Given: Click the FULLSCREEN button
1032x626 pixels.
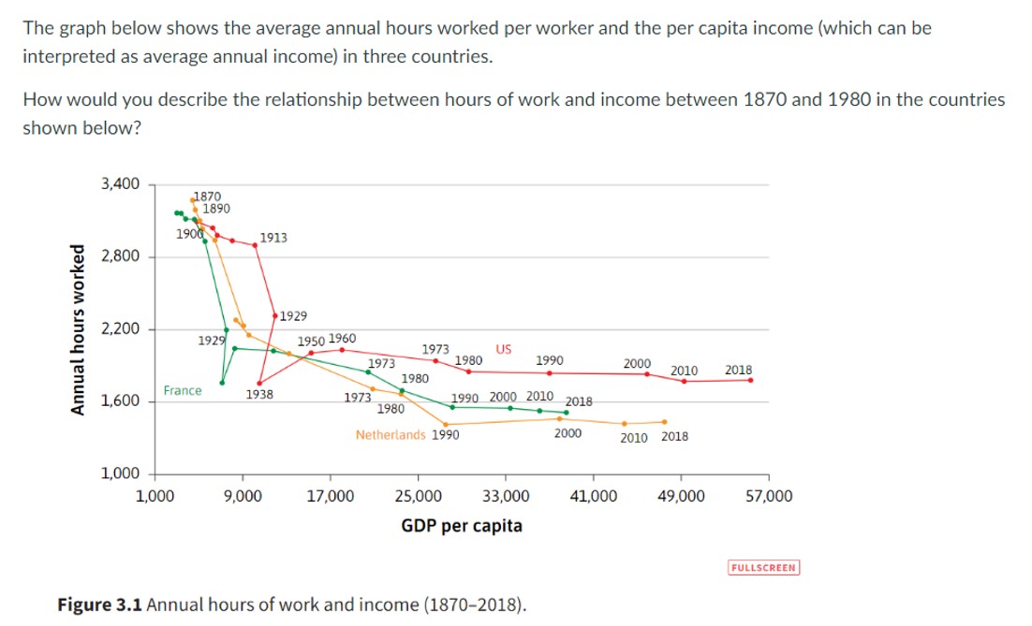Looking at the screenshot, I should pos(763,567).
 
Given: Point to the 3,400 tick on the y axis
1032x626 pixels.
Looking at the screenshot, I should pos(121,184).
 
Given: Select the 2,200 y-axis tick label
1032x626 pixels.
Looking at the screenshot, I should pos(121,329).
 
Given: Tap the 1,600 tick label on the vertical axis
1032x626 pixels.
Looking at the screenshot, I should pos(121,401).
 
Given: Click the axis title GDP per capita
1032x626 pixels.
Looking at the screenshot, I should pos(462,526).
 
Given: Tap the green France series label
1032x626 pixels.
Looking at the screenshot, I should pos(182,390).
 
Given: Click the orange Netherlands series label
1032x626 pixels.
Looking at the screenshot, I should pos(391,435).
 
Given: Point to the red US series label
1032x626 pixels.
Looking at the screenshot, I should pos(503,350).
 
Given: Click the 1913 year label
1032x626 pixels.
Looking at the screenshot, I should pos(273,238).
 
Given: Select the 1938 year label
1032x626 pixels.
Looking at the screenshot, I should pos(259,395).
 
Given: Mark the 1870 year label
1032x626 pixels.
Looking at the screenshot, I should pos(206,196).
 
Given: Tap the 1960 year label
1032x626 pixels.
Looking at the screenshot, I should pos(342,338).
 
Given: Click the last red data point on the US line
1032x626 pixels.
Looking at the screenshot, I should pos(751,380).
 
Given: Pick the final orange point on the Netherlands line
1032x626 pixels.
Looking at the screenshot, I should pos(664,422).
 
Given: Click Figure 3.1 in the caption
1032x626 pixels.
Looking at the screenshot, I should pos(100,604).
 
